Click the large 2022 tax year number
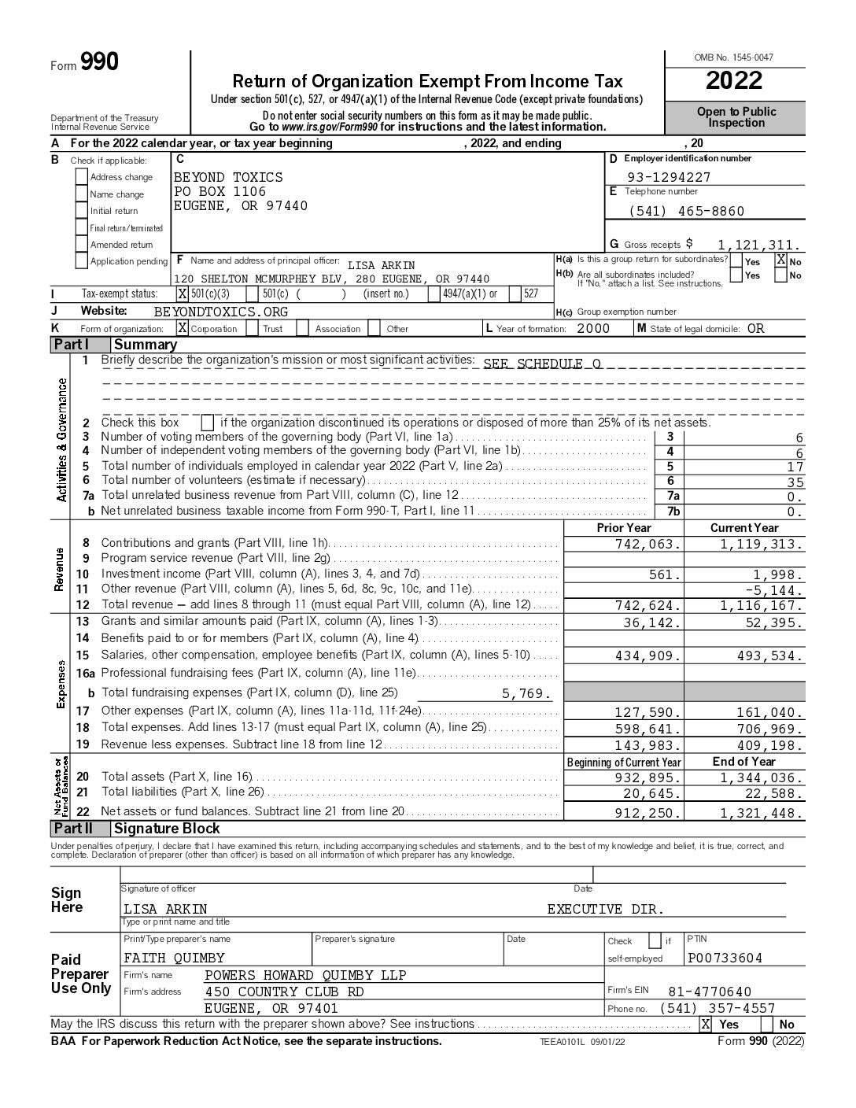tap(734, 81)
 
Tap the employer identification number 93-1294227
tap(669, 177)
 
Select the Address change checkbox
tap(82, 177)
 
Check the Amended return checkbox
tap(82, 245)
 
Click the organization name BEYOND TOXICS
tap(228, 177)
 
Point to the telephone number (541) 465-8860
tap(686, 211)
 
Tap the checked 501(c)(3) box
tap(183, 294)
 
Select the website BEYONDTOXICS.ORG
tap(221, 312)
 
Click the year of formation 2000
tap(593, 329)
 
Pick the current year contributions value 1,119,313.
tap(762, 544)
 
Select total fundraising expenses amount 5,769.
tap(526, 693)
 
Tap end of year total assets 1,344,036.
tap(762, 778)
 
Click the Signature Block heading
tap(167, 829)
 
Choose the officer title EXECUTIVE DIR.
tap(606, 910)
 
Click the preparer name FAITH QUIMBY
tap(174, 958)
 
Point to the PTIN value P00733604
tap(725, 958)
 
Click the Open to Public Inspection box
tap(736, 117)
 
